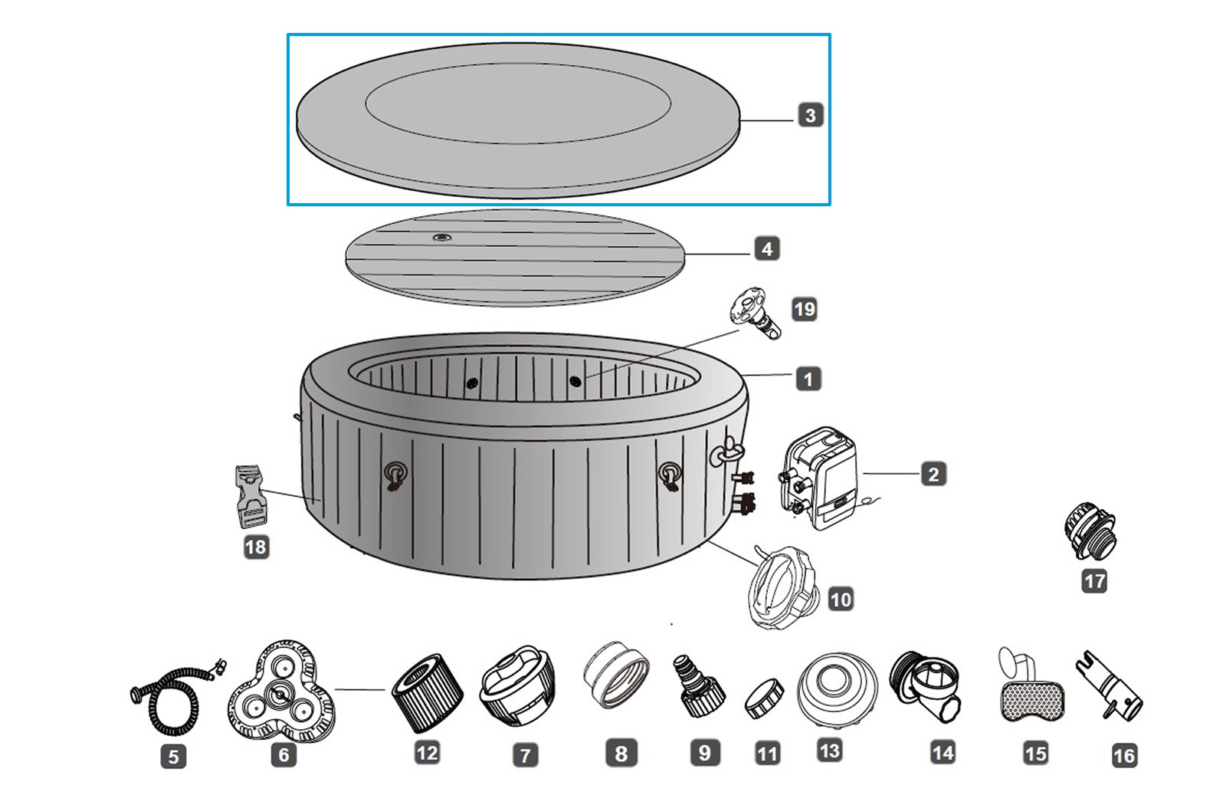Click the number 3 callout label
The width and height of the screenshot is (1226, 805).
tap(810, 116)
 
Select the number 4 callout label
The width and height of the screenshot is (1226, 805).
tap(767, 249)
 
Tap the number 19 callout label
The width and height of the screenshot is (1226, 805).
tap(804, 310)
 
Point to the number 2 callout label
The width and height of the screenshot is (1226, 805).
tap(933, 475)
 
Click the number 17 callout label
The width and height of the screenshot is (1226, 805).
tap(1094, 581)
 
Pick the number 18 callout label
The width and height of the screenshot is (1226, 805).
tap(256, 547)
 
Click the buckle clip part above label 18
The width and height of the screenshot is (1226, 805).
tap(250, 496)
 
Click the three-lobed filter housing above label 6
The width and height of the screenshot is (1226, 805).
tap(281, 691)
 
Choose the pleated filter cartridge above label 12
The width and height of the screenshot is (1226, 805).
tap(427, 693)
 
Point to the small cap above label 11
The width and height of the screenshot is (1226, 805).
tap(765, 698)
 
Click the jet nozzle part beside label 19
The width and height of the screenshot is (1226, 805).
tap(755, 313)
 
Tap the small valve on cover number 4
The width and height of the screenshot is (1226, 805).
tap(441, 238)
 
